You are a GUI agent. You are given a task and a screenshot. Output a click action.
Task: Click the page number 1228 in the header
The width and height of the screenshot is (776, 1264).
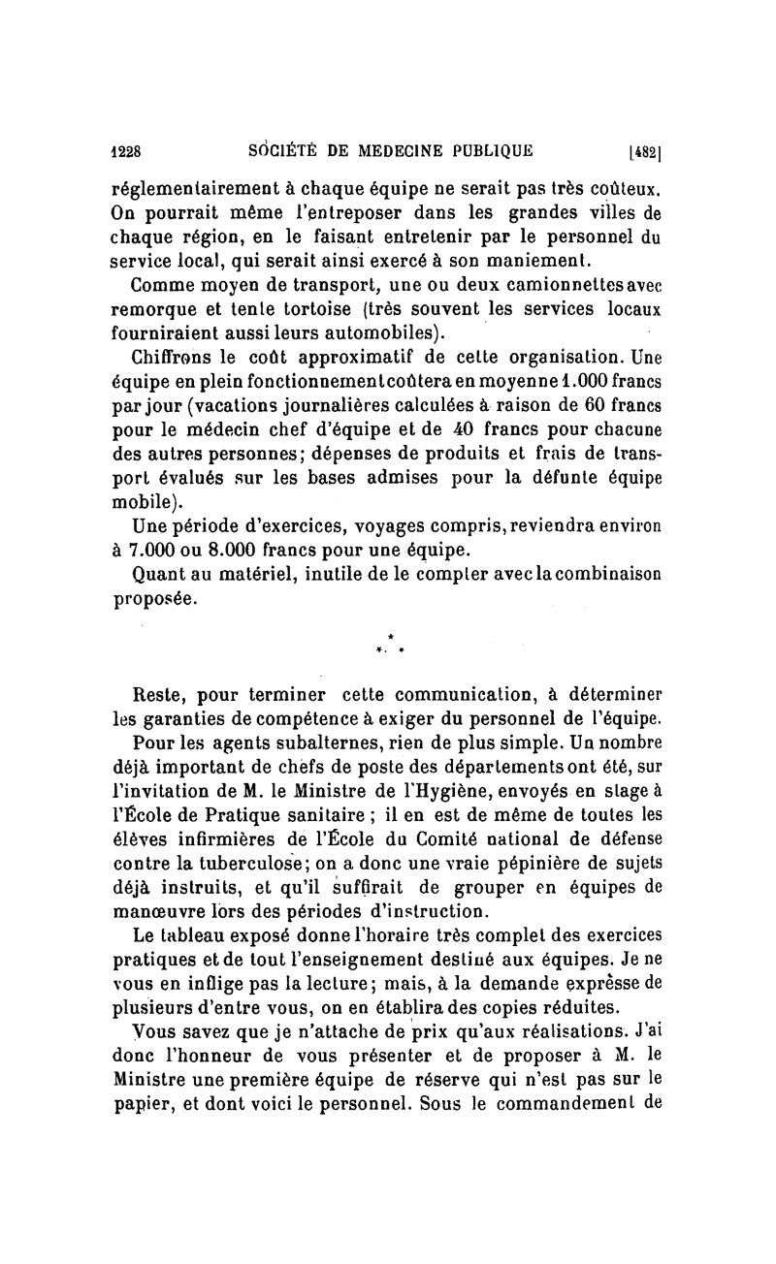pyautogui.click(x=126, y=151)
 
